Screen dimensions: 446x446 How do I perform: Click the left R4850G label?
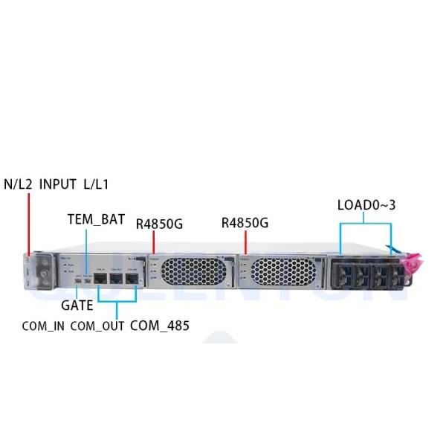(x=159, y=223)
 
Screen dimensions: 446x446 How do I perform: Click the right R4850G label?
(x=245, y=223)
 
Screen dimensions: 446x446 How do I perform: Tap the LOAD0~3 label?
(x=366, y=204)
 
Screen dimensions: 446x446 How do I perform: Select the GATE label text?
(x=77, y=306)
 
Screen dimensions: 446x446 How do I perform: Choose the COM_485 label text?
(x=159, y=325)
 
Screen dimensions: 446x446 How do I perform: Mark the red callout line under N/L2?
(x=28, y=223)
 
